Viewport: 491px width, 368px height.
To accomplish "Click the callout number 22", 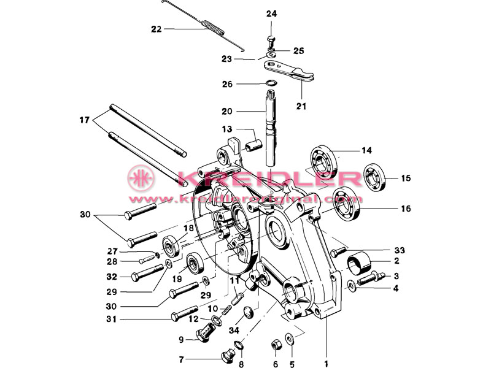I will pos(157,28).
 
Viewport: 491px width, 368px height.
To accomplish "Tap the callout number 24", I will pos(272,14).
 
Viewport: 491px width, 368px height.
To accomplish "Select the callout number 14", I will pos(366,150).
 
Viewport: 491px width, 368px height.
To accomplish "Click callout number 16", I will pos(406,209).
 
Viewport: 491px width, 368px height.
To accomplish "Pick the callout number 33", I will pos(400,250).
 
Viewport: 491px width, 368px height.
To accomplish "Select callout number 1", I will pos(326,353).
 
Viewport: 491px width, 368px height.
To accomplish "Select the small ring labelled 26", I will pos(272,83).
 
